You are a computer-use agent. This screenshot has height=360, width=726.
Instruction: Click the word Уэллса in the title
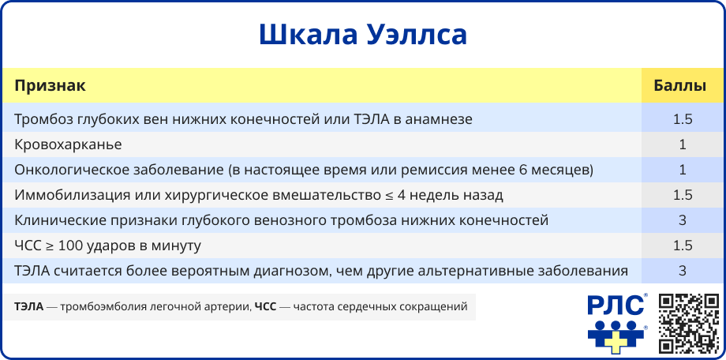point(416,35)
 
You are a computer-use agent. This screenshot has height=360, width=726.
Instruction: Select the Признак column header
point(50,86)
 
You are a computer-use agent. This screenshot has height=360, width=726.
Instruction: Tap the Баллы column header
point(679,86)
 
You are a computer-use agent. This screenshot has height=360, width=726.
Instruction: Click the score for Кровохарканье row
point(683,144)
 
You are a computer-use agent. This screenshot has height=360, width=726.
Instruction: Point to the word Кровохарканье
point(68,144)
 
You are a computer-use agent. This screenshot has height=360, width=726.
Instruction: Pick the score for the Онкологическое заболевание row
point(683,170)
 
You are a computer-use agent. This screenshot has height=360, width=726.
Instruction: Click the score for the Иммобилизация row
point(683,195)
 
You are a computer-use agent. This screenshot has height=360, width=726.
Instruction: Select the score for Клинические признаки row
point(683,220)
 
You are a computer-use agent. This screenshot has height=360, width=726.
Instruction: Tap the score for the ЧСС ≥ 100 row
point(683,245)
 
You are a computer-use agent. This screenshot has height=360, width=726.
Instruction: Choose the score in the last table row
point(683,271)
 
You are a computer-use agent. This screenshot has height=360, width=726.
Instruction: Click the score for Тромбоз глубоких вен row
point(683,119)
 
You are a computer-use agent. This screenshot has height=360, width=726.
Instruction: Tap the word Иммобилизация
point(65,195)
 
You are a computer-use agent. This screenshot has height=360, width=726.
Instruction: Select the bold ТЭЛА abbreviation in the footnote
point(28,306)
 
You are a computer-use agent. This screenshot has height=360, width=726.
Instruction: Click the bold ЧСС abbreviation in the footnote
point(266,306)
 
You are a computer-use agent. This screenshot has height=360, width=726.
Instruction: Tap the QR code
point(689,323)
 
